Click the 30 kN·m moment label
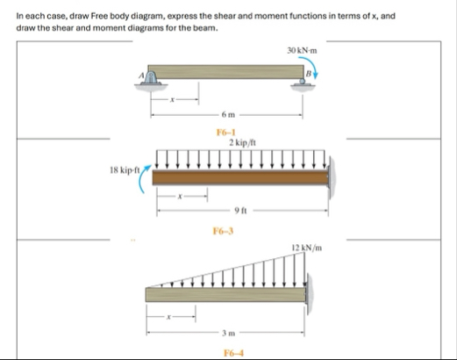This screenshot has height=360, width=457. coord(302,51)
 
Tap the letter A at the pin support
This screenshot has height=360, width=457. coord(141,76)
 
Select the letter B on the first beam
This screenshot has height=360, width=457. coord(308,74)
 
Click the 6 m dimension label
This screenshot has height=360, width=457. coord(228,115)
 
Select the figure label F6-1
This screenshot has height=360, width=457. coord(226,133)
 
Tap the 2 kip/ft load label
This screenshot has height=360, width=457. coord(242,142)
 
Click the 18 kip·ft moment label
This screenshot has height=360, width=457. coord(125,170)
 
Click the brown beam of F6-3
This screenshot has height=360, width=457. coord(240,177)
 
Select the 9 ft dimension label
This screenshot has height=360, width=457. coord(241,210)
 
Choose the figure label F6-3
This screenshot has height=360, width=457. coord(223,231)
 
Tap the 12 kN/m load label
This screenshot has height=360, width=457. coord(307,248)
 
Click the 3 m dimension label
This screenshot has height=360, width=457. coord(228,333)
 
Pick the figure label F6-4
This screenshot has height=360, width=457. coord(233,353)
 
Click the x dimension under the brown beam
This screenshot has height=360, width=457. coord(181,197)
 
